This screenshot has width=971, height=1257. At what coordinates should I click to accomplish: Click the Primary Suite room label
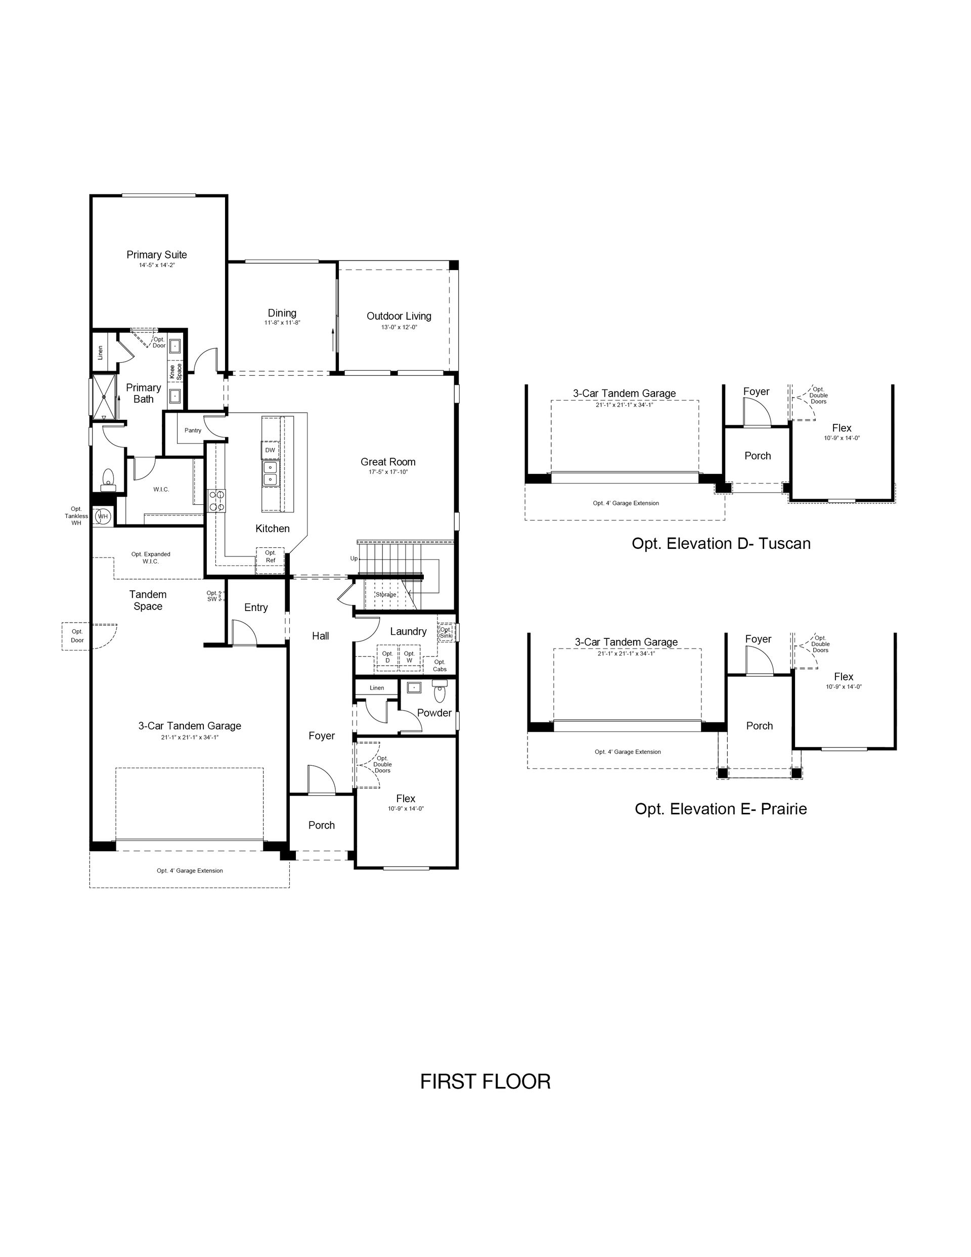coord(157,254)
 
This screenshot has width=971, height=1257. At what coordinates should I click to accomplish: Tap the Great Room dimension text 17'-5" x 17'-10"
coord(388,472)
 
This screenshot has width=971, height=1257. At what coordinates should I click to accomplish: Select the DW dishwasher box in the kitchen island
coord(270,450)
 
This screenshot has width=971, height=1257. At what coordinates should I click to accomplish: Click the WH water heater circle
coord(103,516)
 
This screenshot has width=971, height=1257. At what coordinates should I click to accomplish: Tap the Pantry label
coord(193,430)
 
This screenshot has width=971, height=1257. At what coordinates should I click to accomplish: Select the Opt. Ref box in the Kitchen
coord(270,560)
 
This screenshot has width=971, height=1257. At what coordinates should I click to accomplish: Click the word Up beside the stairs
coord(354,558)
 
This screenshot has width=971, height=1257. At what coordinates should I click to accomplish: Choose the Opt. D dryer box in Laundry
coord(387,657)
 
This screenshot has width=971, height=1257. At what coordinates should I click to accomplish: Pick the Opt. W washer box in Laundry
coord(409,657)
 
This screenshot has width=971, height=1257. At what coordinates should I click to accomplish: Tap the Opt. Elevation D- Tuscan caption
coord(721,543)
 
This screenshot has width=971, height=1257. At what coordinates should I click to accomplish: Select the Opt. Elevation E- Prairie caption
coord(721,809)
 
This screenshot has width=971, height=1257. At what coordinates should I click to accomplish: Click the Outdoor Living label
coord(399,316)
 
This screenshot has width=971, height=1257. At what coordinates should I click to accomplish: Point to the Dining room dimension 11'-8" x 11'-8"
coord(282,323)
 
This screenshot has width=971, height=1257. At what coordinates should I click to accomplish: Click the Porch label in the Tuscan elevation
coord(758,456)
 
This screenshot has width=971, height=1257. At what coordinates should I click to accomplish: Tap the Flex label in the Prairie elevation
coord(843,677)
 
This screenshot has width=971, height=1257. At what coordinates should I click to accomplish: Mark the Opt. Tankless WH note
coord(76,515)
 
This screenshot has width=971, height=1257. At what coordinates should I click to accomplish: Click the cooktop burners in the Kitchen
coord(216,501)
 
